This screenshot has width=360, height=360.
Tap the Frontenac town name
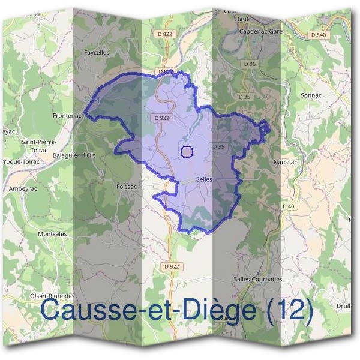[x=67, y=115]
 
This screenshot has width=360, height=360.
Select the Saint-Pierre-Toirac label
[x=39, y=145]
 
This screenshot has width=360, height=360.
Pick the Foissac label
[x=127, y=187]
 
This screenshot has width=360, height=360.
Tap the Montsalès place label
[x=52, y=233]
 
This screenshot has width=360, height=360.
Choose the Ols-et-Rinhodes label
[x=52, y=296]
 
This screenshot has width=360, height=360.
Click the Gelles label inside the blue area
[x=204, y=179]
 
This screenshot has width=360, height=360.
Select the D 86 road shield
[x=250, y=64]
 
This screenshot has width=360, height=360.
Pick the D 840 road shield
[x=319, y=35]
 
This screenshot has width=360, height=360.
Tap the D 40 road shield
[x=289, y=206]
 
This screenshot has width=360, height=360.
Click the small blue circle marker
[x=187, y=152]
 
